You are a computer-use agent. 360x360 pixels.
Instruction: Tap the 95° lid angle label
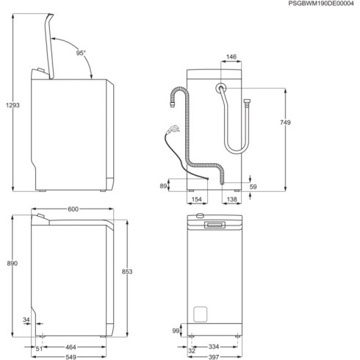click(80, 53)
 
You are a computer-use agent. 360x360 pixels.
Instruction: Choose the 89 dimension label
click(164, 187)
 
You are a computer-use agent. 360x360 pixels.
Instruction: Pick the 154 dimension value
click(196, 199)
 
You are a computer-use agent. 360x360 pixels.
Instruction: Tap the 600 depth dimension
click(73, 209)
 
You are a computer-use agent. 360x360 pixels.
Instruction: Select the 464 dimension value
click(71, 346)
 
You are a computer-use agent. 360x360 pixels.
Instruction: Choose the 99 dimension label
click(176, 332)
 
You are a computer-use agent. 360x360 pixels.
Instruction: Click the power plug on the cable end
click(172, 131)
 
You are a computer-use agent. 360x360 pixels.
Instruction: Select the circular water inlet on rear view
click(220, 89)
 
